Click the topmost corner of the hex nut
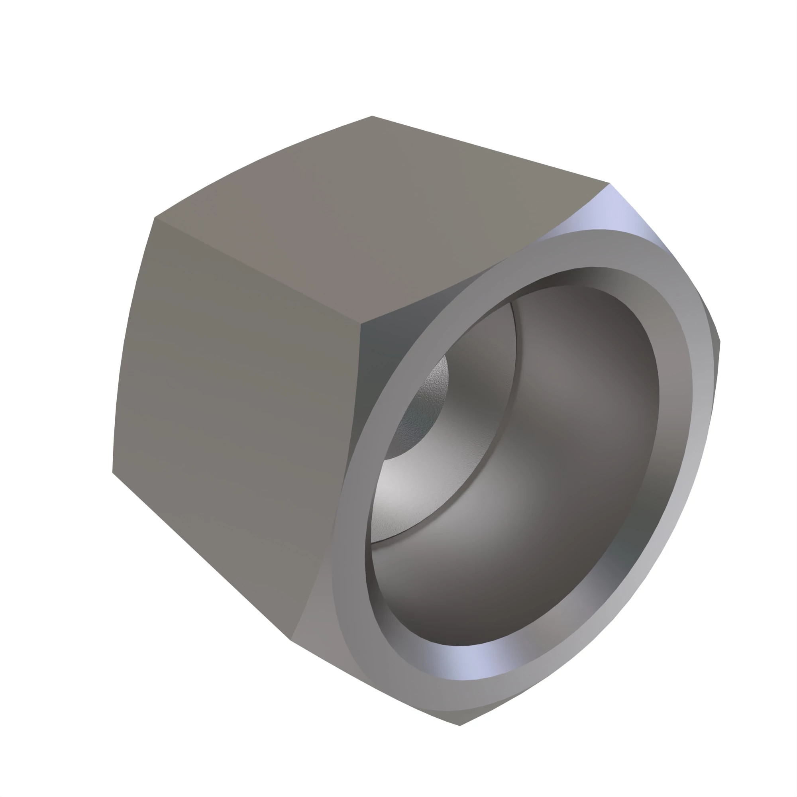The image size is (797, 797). pyautogui.click(x=372, y=116)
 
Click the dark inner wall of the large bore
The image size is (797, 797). pyautogui.click(x=577, y=474)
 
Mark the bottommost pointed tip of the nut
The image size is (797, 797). pyautogui.click(x=459, y=726)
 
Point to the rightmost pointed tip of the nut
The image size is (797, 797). pyautogui.click(x=720, y=342)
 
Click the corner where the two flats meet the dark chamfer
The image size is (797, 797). pyautogui.click(x=361, y=324)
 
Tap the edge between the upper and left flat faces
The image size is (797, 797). pyautogui.click(x=256, y=270)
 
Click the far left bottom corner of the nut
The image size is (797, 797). pyautogui.click(x=113, y=472)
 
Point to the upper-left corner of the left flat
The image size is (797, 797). pyautogui.click(x=155, y=218)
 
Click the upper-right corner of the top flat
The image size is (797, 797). pyautogui.click(x=609, y=183)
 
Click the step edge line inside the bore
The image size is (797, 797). pyautogui.click(x=514, y=371)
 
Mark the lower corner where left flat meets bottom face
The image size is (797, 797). pyautogui.click(x=291, y=640)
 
